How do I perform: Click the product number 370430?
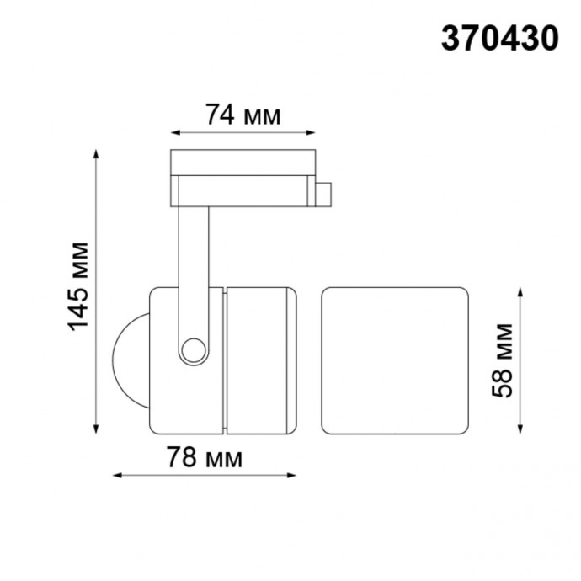pyautogui.click(x=499, y=39)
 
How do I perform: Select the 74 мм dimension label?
pyautogui.click(x=243, y=115)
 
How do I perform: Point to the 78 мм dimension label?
pyautogui.click(x=205, y=459)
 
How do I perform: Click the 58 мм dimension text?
pyautogui.click(x=504, y=360)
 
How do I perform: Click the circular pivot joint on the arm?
pyautogui.click(x=195, y=349)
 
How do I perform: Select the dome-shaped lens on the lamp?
pyautogui.click(x=129, y=360)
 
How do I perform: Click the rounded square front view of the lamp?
pyautogui.click(x=395, y=360)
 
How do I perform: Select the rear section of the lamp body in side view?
pyautogui.click(x=261, y=360)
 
